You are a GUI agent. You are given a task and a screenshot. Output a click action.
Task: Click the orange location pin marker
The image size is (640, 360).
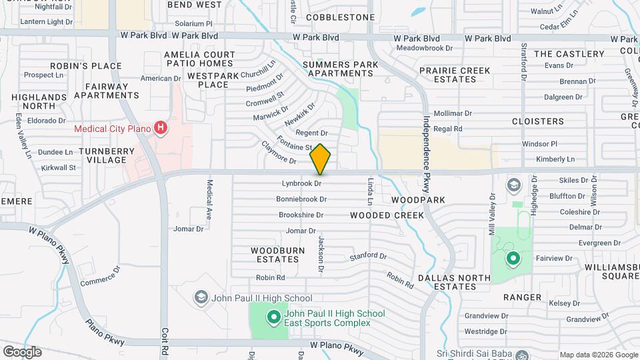pos(320,158)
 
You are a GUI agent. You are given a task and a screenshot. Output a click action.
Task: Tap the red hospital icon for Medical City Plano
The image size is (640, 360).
pos(160,127)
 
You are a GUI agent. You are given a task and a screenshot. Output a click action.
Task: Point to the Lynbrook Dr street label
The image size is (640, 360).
pos(301,183)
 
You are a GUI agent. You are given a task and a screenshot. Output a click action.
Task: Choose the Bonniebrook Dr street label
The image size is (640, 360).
pos(301,199)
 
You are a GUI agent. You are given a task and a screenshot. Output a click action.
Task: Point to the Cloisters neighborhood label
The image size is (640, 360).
pos(537,121)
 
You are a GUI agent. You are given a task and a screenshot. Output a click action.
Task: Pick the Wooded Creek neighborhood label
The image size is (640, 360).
pos(387,215)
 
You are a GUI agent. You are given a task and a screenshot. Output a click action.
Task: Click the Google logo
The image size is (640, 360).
pos(21,351)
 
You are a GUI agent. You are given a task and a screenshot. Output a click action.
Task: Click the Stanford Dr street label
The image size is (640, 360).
pos(368,257)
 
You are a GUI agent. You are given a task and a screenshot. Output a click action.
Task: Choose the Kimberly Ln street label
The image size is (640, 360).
pos(555,159)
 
